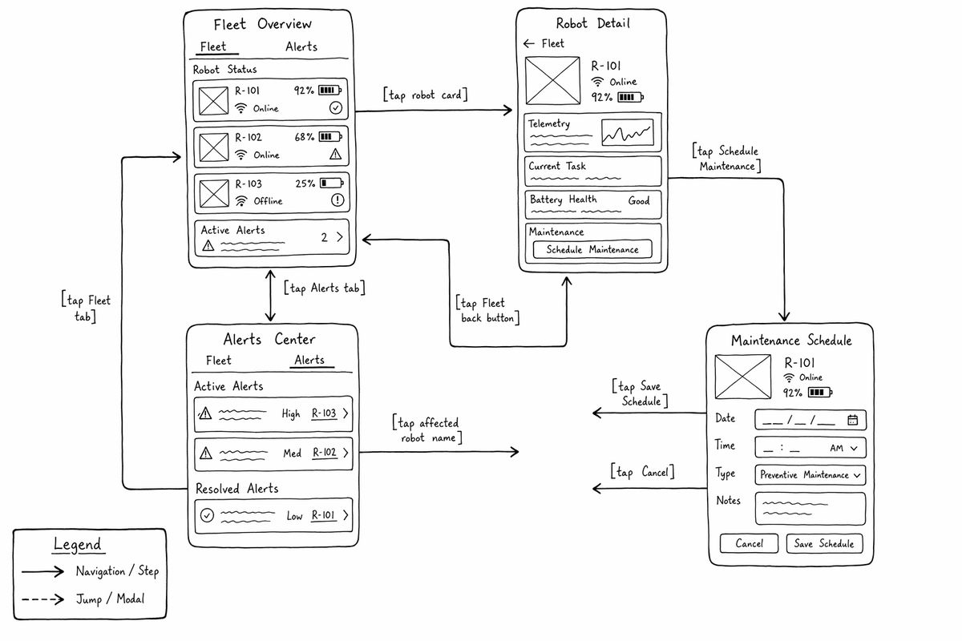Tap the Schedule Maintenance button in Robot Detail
592,249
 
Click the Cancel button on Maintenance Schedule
749,543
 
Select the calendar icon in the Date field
852,420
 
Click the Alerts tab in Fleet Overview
301,46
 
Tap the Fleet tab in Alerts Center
218,361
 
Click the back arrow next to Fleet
528,43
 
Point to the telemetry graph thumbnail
628,132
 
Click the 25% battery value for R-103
305,183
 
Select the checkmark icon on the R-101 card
336,107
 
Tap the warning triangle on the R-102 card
335,154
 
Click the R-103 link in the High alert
324,413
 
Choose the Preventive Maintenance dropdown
810,475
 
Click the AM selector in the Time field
843,448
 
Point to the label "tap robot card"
425,95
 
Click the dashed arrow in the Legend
42,599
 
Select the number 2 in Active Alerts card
324,237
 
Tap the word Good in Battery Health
639,200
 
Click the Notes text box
810,509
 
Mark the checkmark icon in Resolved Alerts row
207,514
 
